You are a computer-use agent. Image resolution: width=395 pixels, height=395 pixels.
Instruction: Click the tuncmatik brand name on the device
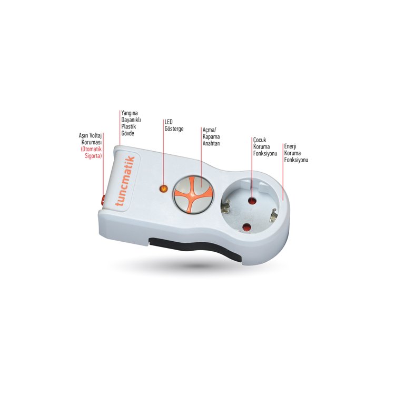pos(125,181)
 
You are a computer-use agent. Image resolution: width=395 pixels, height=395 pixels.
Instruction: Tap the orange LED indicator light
pos(164,189)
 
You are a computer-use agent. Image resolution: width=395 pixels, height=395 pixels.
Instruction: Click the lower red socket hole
pos(247,228)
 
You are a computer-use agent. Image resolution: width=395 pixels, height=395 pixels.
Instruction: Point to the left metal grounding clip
pos(225,205)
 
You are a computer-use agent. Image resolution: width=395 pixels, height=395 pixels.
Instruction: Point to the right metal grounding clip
pos(273,215)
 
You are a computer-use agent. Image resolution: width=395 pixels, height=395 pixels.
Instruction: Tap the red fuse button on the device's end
pos(103,200)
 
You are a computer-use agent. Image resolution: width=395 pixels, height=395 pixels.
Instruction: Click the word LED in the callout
pos(169,122)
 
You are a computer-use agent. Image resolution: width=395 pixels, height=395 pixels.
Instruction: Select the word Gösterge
pos(174,129)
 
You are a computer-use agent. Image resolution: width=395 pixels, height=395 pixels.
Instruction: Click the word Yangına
pos(129,113)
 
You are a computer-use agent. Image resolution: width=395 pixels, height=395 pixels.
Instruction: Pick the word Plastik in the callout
pos(129,126)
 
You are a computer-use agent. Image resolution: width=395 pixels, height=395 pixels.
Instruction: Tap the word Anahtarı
pos(211,143)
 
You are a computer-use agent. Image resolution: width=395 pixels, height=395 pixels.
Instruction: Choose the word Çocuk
pos(260,140)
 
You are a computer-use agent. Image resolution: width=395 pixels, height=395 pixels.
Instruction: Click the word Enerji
pos(290,146)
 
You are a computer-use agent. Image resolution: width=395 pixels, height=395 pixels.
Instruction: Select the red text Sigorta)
pos(93,156)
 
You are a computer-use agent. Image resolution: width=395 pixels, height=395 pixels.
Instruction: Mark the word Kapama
pos(211,137)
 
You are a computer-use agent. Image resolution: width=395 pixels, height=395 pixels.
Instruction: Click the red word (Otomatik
pos(91,149)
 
